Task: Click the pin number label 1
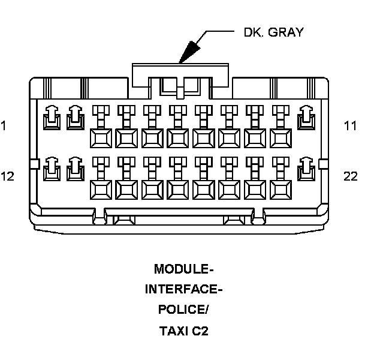pyautogui.click(x=4, y=126)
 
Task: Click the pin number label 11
pyautogui.click(x=350, y=126)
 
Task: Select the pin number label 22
pyautogui.click(x=351, y=176)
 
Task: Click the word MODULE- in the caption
pyautogui.click(x=183, y=268)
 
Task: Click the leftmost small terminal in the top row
pyautogui.click(x=51, y=118)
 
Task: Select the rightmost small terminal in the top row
pyautogui.click(x=306, y=118)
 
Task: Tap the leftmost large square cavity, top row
pyautogui.click(x=101, y=138)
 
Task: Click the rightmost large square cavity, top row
pyautogui.click(x=280, y=138)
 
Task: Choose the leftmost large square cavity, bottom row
pyautogui.click(x=101, y=189)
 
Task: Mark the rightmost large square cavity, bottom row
pyautogui.click(x=280, y=189)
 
